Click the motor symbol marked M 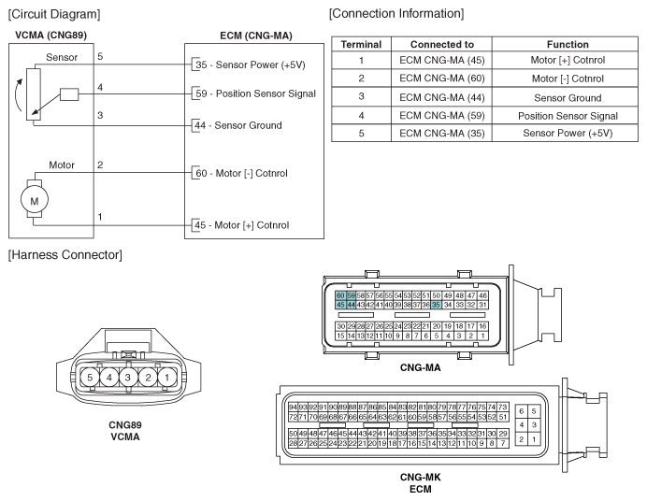pyautogui.click(x=35, y=200)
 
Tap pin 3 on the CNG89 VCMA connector pyautogui.click(x=128, y=377)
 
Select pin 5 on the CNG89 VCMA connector pyautogui.click(x=90, y=377)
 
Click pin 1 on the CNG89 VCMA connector pyautogui.click(x=166, y=377)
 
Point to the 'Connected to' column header pyautogui.click(x=442, y=45)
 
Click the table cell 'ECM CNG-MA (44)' pyautogui.click(x=442, y=98)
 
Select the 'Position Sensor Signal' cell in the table pyautogui.click(x=568, y=116)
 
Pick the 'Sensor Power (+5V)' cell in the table pyautogui.click(x=568, y=133)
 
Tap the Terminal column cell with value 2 pyautogui.click(x=362, y=79)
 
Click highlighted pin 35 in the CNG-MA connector pyautogui.click(x=436, y=305)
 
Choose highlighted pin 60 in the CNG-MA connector pyautogui.click(x=340, y=295)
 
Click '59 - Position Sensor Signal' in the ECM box pyautogui.click(x=255, y=93)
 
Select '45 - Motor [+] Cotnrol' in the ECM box pyautogui.click(x=242, y=225)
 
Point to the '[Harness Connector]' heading pyautogui.click(x=65, y=255)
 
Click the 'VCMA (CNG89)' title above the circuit pyautogui.click(x=51, y=35)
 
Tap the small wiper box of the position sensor pyautogui.click(x=69, y=94)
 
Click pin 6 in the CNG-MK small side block pyautogui.click(x=522, y=411)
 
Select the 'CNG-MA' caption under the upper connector pyautogui.click(x=421, y=367)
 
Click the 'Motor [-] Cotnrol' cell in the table pyautogui.click(x=568, y=79)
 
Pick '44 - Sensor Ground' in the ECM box pyautogui.click(x=238, y=125)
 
